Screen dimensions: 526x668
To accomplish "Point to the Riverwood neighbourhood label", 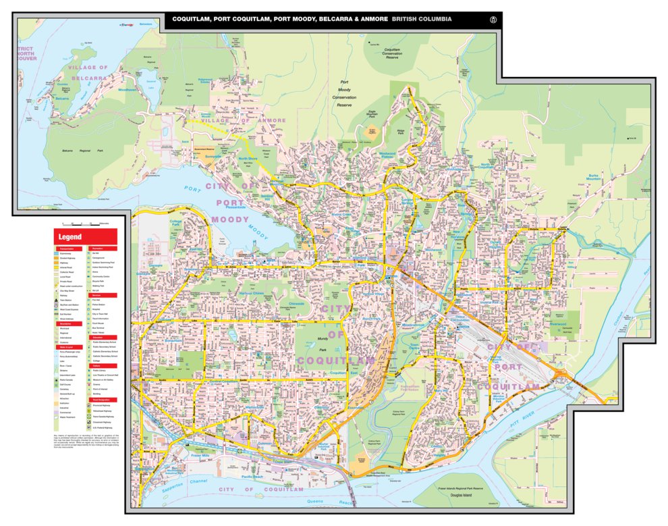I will pos(558,324).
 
